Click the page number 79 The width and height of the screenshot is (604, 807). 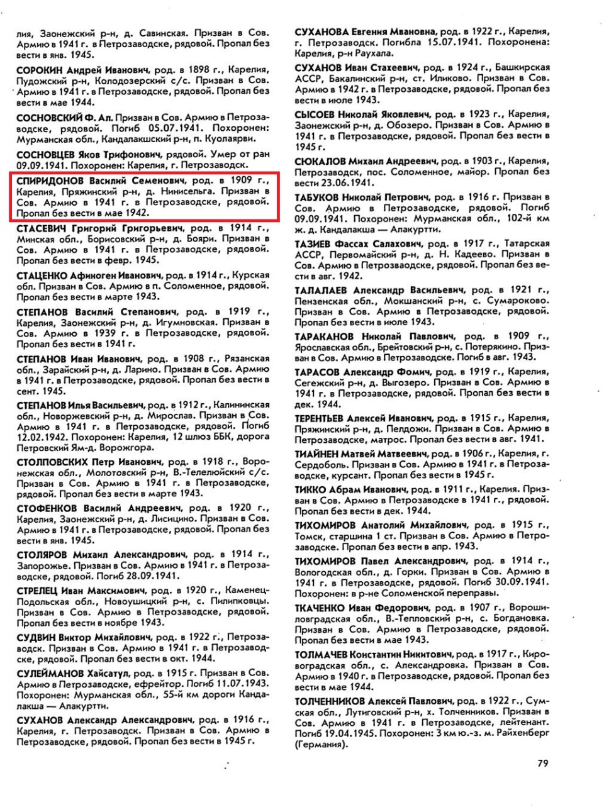pyautogui.click(x=543, y=763)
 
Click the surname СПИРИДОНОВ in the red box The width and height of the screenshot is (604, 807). pyautogui.click(x=50, y=181)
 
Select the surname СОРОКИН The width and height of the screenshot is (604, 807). pyautogui.click(x=40, y=70)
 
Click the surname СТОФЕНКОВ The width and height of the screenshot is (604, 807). pyautogui.click(x=46, y=508)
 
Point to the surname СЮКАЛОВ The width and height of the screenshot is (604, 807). pyautogui.click(x=320, y=161)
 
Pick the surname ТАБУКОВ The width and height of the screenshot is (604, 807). pyautogui.click(x=318, y=197)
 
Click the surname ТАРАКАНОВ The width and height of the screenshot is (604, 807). pyautogui.click(x=325, y=337)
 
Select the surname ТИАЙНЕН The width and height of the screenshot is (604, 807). pyautogui.click(x=316, y=454)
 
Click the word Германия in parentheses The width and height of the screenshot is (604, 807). pyautogui.click(x=320, y=745)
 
